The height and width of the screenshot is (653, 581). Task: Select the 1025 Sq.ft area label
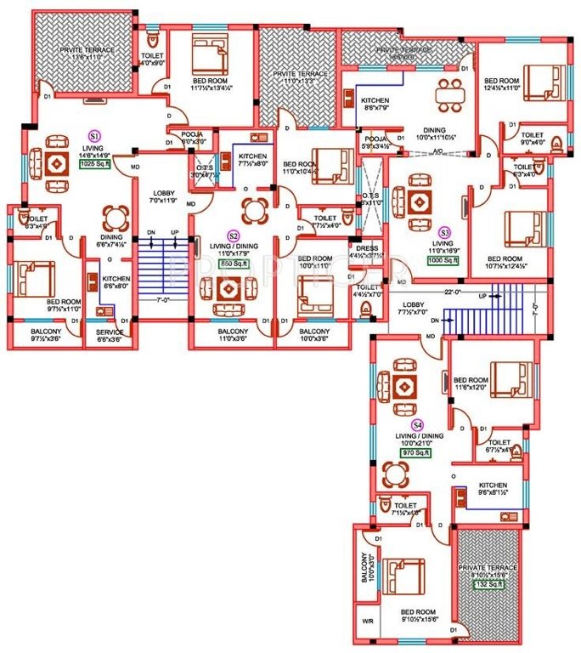[x=95, y=165]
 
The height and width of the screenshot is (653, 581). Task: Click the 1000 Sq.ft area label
[x=443, y=261]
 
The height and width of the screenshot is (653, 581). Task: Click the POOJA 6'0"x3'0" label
[x=187, y=139]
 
